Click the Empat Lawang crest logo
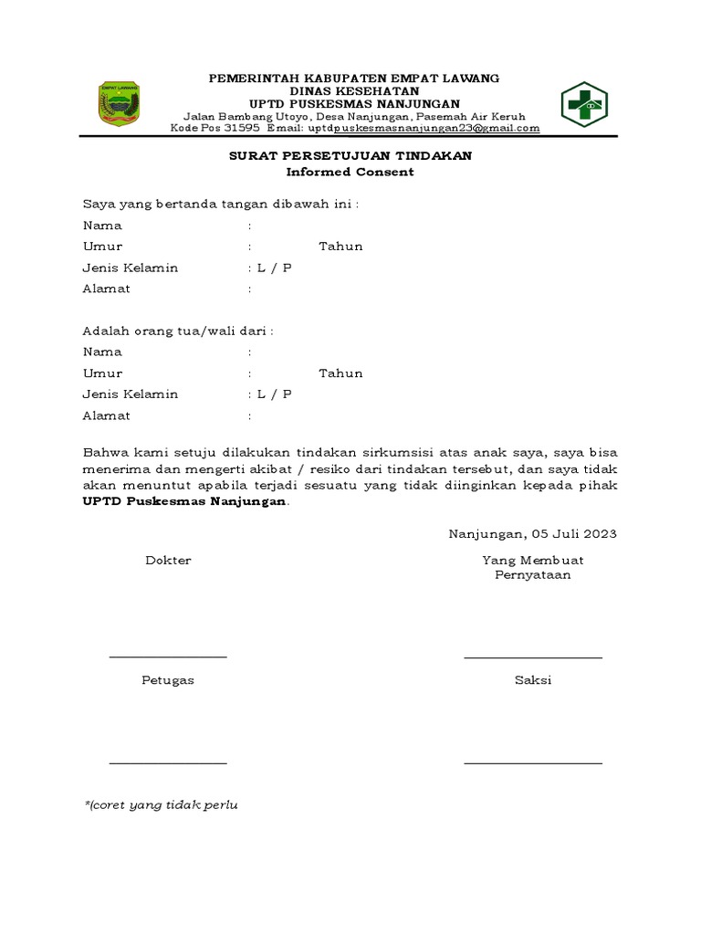(119, 103)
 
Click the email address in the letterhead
(424, 129)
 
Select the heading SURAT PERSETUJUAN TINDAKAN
(350, 156)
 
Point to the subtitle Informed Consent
(350, 172)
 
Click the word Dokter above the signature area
(168, 560)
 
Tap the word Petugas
(168, 680)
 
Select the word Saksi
(533, 680)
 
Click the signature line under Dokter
(168, 657)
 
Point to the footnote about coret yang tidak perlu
(162, 805)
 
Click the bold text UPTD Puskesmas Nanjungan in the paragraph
(185, 501)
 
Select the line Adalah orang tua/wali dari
(178, 331)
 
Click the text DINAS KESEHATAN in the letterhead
(354, 91)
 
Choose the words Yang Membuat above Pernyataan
(533, 560)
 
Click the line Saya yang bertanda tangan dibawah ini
(221, 204)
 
